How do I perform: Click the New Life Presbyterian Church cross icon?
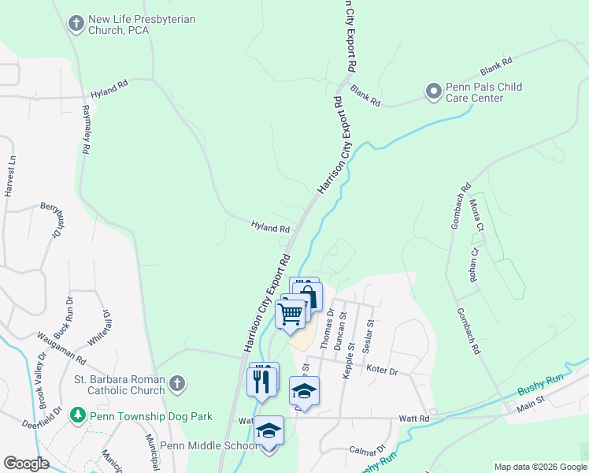(x=76, y=23)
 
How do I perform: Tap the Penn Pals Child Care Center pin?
(x=433, y=91)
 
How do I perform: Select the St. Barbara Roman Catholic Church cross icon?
(x=177, y=384)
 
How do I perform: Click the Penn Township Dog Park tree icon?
(x=77, y=414)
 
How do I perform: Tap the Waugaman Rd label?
(x=61, y=347)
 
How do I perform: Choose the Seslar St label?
(x=368, y=334)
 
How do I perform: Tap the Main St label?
(x=549, y=405)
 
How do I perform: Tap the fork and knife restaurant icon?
(x=262, y=381)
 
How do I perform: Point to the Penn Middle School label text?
(x=208, y=446)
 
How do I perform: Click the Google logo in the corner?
(x=26, y=463)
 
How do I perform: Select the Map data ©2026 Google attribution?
(x=539, y=467)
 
